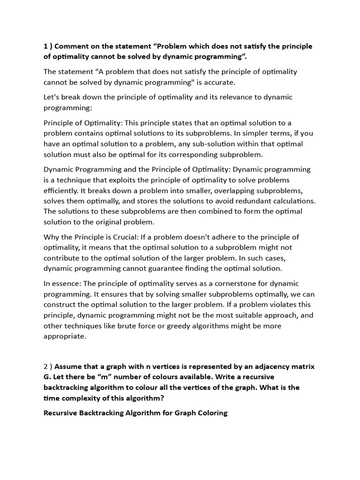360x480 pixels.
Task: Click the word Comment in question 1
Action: click(75, 46)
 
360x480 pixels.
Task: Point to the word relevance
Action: click(224, 97)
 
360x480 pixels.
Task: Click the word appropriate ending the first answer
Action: click(65, 336)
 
